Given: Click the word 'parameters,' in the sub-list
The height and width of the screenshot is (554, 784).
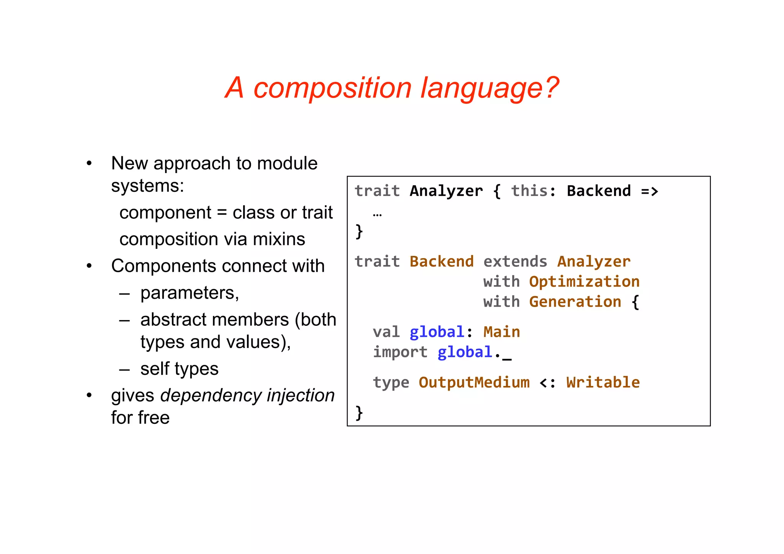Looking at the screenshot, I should click(189, 293).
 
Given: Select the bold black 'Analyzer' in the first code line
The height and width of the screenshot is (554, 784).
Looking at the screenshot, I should click(446, 191).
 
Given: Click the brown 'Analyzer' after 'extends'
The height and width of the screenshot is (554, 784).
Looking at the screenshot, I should click(594, 261).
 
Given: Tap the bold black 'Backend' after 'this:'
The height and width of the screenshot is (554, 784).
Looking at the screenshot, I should click(599, 191).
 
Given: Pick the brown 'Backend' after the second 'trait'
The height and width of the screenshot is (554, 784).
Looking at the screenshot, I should click(441, 261).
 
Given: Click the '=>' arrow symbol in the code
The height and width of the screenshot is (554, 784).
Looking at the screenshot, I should click(650, 191).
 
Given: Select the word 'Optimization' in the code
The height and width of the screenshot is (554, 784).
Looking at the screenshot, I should click(584, 282).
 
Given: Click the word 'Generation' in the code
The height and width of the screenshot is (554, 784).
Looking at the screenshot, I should click(575, 302).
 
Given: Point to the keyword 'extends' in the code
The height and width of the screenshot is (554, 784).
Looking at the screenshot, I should click(515, 261).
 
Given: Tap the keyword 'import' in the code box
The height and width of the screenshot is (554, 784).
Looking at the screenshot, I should click(400, 352).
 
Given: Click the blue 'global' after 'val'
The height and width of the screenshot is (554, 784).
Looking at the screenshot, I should click(437, 332).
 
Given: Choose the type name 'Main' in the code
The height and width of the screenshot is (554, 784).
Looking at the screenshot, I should click(501, 332).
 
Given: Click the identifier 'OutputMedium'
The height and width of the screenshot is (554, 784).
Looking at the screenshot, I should click(474, 382).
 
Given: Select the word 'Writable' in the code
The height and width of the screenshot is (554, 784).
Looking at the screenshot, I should click(603, 382).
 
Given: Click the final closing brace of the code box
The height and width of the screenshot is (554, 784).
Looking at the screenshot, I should click(359, 413).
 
